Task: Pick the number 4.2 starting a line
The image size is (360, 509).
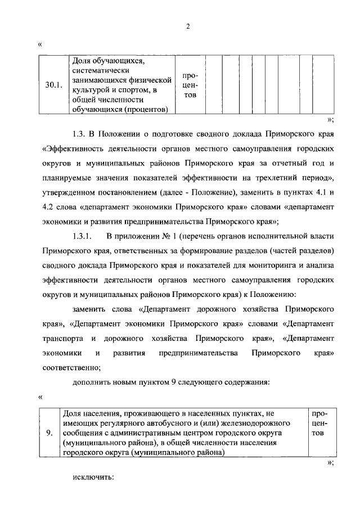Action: click(48, 207)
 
